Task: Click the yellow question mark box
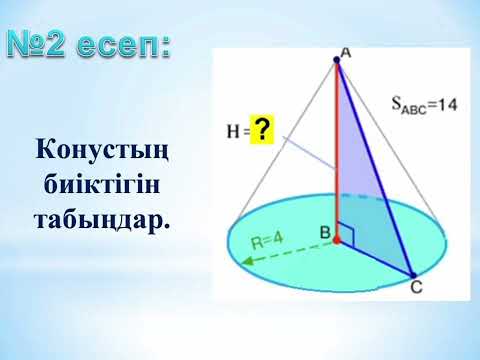(262, 129)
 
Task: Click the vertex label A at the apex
(344, 50)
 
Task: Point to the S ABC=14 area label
(425, 103)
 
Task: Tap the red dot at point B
(337, 241)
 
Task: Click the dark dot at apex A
(337, 61)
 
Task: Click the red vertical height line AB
(337, 150)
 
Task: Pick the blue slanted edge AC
(375, 170)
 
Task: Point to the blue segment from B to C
(375, 258)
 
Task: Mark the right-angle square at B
(346, 233)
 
